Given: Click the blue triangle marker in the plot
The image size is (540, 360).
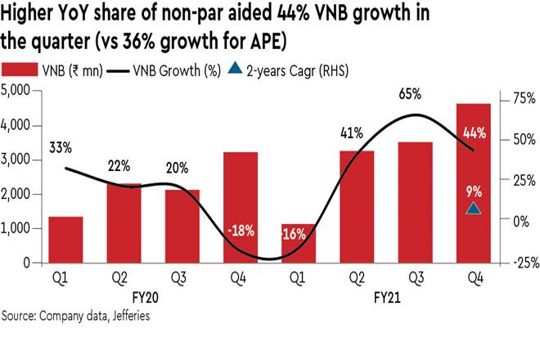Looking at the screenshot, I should tap(474, 209).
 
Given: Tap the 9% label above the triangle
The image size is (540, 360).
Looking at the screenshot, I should tap(474, 191).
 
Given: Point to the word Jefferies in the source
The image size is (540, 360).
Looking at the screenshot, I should tap(125, 314).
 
